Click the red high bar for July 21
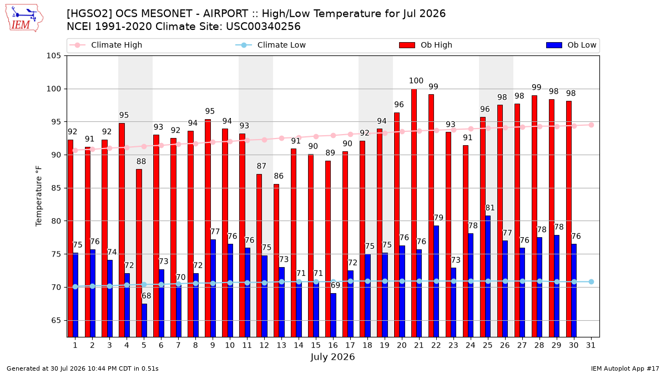coord(414,213)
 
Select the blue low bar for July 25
coord(488,276)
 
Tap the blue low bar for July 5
coord(144,320)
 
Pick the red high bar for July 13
coord(276,260)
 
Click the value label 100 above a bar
coord(416,81)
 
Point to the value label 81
coord(490,208)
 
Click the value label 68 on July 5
coord(147,296)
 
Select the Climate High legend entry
coord(105,45)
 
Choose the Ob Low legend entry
coord(571,45)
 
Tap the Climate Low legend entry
coord(270,45)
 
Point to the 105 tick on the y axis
coord(53,56)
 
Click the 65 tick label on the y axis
coord(56,321)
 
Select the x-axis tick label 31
coord(591,345)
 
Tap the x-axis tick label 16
coord(333,345)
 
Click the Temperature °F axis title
coord(39,196)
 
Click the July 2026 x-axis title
coord(332,357)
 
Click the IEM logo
coord(24,18)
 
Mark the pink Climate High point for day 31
coord(592,125)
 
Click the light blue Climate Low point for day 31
coord(592,281)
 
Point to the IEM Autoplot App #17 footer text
coord(625,368)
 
